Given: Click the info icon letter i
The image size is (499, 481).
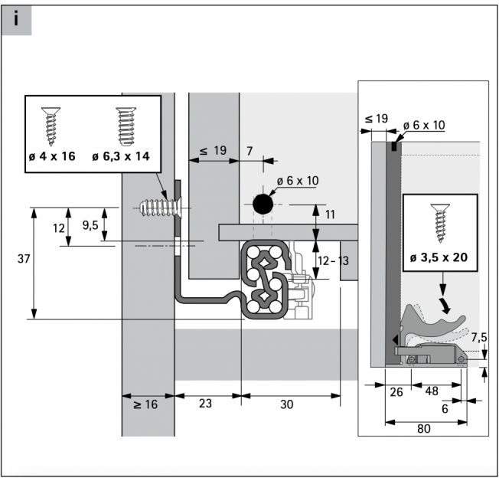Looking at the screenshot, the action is pos(16,18).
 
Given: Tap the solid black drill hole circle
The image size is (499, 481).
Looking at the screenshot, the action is pos(263,205).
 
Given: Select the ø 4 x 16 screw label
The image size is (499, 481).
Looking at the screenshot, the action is pos(52,156).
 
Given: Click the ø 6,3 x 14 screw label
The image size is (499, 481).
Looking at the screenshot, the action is pos(121,156).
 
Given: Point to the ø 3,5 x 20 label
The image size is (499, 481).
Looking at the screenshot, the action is pos(439,257).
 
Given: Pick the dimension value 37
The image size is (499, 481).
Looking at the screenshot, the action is pos(24,259).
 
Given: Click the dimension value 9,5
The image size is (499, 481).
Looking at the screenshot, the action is pos(90,225).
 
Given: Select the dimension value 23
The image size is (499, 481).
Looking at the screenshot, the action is pos(205,404).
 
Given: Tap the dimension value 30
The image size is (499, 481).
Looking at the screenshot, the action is pos(286,404).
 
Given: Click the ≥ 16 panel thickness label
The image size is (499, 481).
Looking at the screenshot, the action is pos(145,404).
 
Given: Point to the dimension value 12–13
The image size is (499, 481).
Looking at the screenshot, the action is pos(333,261).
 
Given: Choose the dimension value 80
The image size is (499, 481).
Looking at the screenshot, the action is pos(424,429).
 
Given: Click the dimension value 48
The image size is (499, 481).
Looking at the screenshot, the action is pos(432,391).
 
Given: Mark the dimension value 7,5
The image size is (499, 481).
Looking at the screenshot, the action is pos(479,337).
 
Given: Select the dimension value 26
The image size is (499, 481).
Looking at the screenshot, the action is pos(396,392).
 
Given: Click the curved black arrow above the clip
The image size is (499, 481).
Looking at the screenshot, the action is pos(445,305).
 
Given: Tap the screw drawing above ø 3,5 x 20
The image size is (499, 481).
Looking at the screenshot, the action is pos(440,224).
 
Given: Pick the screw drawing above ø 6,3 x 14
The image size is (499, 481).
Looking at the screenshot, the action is pos(126,127).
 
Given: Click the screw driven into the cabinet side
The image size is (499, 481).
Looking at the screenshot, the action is pos(161,208).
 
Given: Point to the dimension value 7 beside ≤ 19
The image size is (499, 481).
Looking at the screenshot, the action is pos(249,151).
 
